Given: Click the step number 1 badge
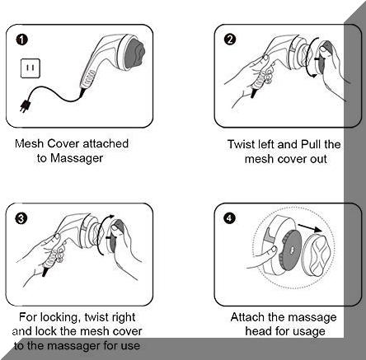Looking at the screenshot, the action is coord(22,40).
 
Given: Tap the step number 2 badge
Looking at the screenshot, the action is coord(230,40).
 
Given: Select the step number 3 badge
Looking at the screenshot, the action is coord(21,218).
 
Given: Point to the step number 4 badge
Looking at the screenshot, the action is coord(230,218).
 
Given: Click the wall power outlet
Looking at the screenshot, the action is coord(30,68).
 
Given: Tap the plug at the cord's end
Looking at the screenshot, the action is coord(25,105).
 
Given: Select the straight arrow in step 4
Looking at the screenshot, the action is coord(310,228).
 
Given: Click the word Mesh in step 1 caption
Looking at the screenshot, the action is coord(29,143).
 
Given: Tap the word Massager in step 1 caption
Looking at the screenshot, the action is coord(77,158).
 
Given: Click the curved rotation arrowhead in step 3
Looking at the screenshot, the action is coord(110,217).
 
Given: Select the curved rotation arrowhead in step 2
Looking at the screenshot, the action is coord(313,75).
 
